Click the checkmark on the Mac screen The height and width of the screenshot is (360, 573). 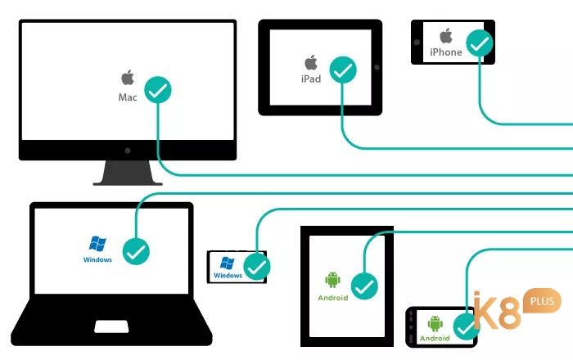[x=158, y=90]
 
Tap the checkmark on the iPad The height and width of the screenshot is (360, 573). [x=343, y=70]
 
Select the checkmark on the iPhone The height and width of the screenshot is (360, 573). [x=480, y=43]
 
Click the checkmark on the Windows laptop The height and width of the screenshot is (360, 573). [x=136, y=251]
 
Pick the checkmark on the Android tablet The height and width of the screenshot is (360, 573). [x=364, y=286]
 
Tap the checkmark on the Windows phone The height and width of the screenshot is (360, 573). [x=257, y=267]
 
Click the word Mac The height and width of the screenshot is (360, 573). [x=128, y=97]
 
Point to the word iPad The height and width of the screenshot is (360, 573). [x=311, y=79]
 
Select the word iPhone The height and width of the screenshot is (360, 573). [x=446, y=52]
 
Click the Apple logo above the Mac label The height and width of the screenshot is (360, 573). [x=128, y=78]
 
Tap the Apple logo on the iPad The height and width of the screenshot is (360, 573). [x=311, y=62]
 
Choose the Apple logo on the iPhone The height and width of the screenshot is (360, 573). [x=446, y=36]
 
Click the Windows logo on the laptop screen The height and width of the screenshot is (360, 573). [x=97, y=244]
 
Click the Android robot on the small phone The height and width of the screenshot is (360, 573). [x=435, y=324]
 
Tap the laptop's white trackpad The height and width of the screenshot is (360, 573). [x=111, y=326]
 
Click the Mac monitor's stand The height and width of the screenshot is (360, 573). [x=128, y=173]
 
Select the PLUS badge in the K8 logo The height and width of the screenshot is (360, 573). [x=542, y=301]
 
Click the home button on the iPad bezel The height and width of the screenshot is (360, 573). [x=377, y=67]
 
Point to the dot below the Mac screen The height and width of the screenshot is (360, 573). [x=128, y=151]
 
